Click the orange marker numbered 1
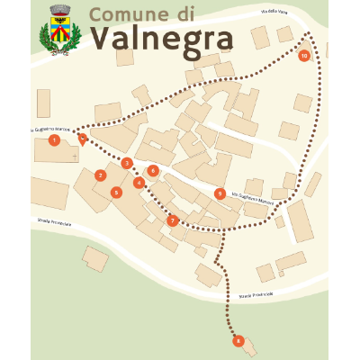point(54,139)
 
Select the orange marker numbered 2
point(101,175)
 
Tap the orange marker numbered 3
point(127,163)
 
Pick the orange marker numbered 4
point(139,183)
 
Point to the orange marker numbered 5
point(116,192)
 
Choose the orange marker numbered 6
point(153,170)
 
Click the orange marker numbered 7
point(172,220)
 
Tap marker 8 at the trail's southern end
point(238,340)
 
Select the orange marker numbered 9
point(220,193)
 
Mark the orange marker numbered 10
point(304,56)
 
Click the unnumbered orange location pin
point(83,139)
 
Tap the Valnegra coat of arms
point(60,30)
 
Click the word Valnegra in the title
point(161,39)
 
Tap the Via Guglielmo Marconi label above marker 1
point(50,130)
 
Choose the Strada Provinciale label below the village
point(256,293)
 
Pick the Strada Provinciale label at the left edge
point(53,219)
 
